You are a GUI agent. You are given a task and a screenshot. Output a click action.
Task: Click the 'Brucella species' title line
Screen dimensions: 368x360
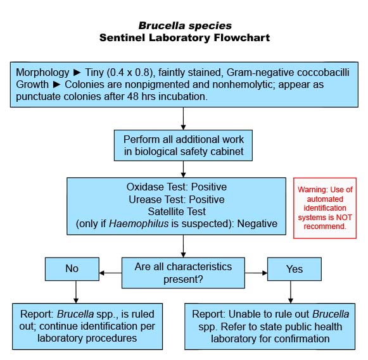point(185,26)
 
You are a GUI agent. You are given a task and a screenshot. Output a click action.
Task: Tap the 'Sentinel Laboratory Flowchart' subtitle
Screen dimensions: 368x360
point(185,38)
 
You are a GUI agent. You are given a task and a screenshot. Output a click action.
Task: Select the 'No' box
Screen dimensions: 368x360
point(72,269)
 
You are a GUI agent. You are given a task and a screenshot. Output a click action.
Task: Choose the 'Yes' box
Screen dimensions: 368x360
point(295,269)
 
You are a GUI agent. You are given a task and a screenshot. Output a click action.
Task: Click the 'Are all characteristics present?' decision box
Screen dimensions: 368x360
point(183,273)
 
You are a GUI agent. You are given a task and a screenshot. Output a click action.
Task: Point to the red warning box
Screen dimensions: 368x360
point(325,208)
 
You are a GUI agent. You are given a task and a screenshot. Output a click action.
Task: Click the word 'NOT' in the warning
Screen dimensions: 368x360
point(344,218)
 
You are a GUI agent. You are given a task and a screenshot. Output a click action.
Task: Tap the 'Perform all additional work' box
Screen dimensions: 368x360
point(183,146)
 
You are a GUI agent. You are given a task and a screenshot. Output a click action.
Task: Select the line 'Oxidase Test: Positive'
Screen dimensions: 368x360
point(177,187)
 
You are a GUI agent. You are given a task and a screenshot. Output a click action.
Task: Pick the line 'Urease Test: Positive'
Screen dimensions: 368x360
point(177,199)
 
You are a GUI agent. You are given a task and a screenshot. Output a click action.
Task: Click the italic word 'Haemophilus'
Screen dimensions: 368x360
point(139,223)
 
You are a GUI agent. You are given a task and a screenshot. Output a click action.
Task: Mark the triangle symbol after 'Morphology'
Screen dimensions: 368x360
point(77,72)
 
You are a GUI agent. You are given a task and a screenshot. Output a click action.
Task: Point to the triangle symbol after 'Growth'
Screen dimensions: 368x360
point(56,85)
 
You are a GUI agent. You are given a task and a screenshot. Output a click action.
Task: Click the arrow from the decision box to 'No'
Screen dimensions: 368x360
point(111,273)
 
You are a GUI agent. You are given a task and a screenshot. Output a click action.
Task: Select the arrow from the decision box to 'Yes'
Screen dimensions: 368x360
point(256,273)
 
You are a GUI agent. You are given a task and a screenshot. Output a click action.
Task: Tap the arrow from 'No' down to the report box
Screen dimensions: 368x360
point(76,292)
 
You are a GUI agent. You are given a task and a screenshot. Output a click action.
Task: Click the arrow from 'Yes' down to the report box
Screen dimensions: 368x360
point(291,292)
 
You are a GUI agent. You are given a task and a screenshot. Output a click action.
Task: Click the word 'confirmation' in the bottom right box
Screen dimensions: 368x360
point(301,338)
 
